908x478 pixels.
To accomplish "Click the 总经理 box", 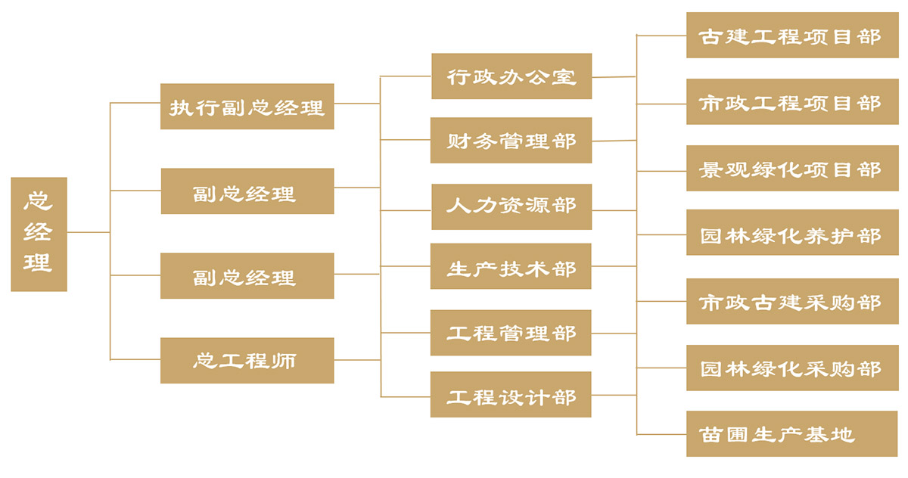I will [39, 234].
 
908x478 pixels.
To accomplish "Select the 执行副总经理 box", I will [247, 107].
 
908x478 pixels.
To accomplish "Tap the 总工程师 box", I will [247, 360].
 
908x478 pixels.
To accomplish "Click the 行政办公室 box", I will [512, 76].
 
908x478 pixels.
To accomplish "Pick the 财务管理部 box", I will [511, 141].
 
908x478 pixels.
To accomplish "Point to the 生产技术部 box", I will [511, 266].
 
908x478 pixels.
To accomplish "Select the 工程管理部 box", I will [511, 333].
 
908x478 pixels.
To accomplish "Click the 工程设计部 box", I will [511, 395].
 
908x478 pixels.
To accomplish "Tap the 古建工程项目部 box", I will [792, 35].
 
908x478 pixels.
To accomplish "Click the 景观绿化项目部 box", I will [792, 168].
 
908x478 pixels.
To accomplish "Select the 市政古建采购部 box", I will [792, 301].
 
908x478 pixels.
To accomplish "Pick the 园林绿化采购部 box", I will [792, 368].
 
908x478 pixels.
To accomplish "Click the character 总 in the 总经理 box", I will [39, 201].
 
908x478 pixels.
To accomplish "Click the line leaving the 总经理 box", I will [88, 232].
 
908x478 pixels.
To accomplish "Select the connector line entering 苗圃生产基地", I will [661, 434].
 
